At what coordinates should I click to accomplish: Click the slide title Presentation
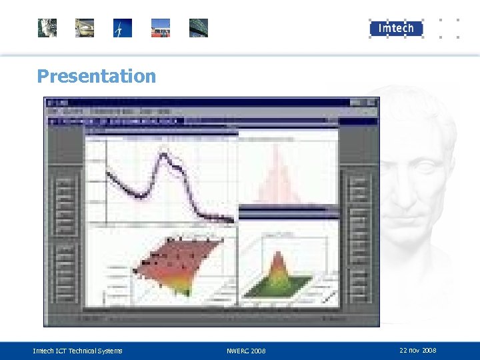[x=96, y=76]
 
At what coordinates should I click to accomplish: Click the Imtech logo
[x=396, y=28]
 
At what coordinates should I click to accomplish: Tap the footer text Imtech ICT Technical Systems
[x=77, y=351]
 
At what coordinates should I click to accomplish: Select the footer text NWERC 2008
[x=246, y=351]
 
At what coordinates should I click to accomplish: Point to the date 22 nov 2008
[x=417, y=350]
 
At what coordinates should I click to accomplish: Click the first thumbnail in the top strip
[x=47, y=28]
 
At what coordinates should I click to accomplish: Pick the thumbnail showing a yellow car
[x=85, y=28]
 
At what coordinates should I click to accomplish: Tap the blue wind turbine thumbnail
[x=123, y=28]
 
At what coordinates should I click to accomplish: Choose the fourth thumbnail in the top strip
[x=161, y=28]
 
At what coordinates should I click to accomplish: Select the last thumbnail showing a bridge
[x=199, y=28]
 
